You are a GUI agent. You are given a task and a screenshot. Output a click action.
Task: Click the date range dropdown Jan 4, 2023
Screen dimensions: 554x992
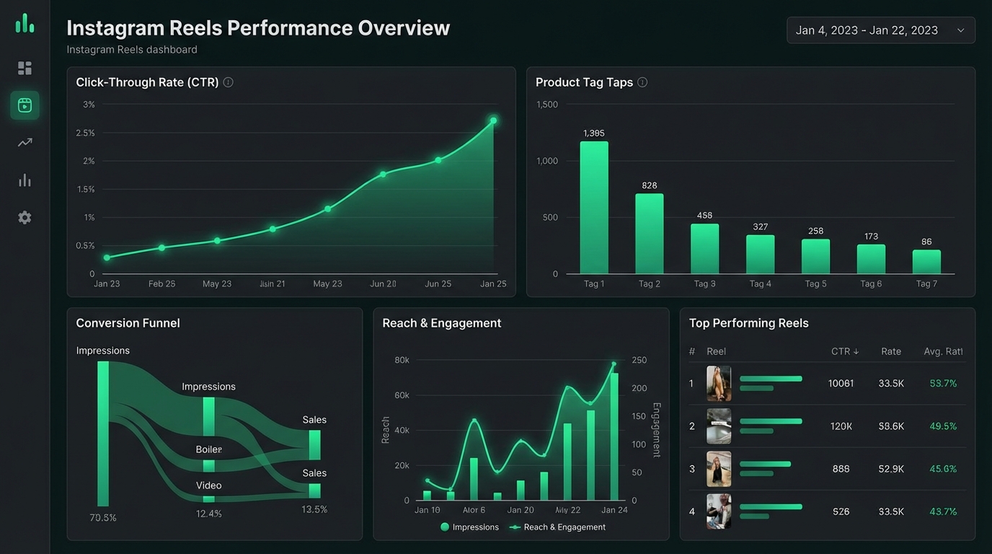[880, 30]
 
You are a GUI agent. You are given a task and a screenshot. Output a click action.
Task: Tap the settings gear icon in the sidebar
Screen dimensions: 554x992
[25, 217]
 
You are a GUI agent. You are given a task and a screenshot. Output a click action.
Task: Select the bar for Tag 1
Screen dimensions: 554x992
[594, 207]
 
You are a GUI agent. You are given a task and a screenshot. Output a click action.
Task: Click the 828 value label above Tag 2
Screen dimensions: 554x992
[650, 185]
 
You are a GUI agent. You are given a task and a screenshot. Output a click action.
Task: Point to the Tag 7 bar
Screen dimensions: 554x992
[926, 262]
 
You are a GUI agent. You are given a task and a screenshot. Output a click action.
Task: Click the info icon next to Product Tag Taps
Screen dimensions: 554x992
[642, 82]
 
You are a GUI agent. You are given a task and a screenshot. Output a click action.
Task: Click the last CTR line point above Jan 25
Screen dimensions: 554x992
[493, 120]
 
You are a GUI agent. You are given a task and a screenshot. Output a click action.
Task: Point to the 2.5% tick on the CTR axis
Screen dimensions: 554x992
[85, 133]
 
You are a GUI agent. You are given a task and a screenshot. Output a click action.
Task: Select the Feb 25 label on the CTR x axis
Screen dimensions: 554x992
[161, 283]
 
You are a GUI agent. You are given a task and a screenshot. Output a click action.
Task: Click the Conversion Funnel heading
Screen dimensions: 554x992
[128, 323]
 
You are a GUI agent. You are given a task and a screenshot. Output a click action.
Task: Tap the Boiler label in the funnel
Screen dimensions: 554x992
[208, 449]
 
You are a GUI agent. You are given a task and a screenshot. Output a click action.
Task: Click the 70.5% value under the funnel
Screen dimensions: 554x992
[103, 517]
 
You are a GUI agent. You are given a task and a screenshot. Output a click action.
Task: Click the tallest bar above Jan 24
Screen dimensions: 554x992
[614, 436]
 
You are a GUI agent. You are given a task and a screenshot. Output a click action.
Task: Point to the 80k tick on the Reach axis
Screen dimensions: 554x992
[402, 360]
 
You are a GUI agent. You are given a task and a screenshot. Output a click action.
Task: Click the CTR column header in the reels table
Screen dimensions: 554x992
[844, 351]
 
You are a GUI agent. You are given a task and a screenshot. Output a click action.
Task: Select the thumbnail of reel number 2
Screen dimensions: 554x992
[719, 426]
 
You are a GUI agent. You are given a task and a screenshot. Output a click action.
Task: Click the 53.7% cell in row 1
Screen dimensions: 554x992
[943, 383]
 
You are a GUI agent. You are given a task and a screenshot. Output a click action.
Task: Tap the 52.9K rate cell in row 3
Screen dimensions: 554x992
[891, 469]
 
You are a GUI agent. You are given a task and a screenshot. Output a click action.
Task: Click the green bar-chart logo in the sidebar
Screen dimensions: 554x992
[25, 24]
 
